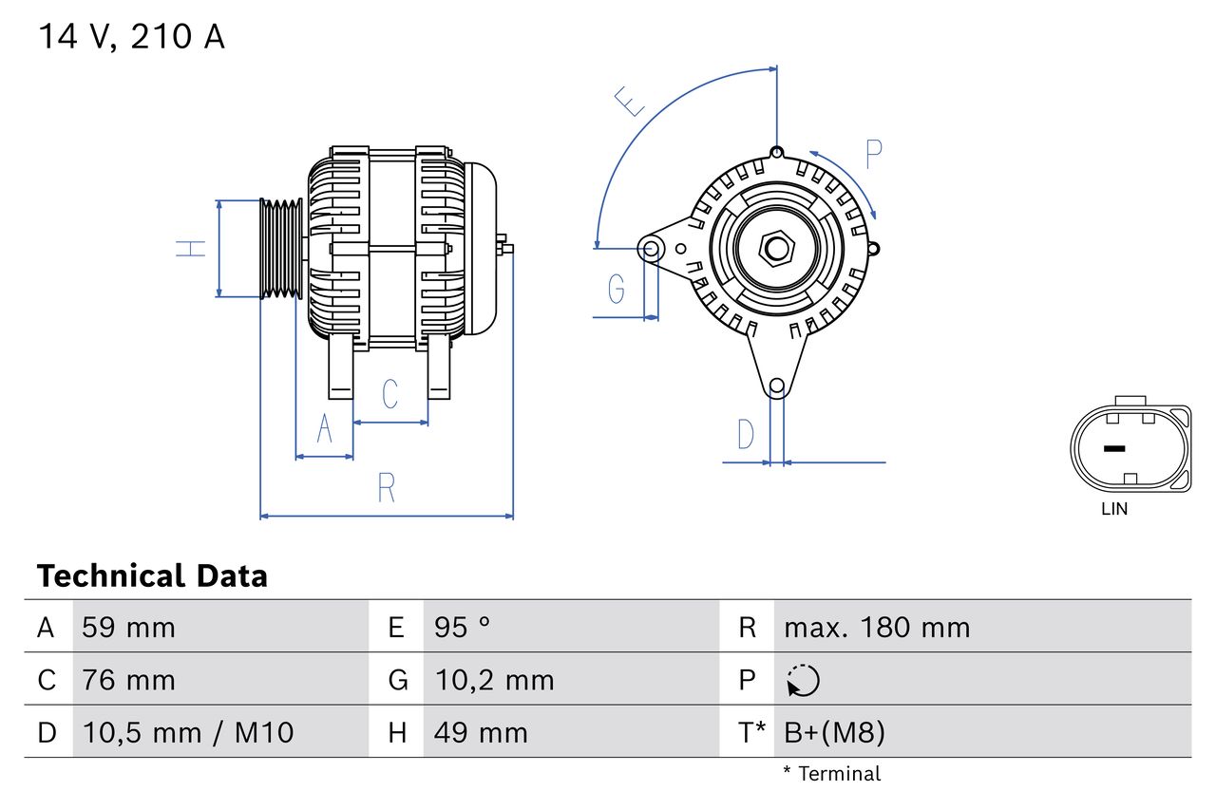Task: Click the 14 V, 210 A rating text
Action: pos(131,37)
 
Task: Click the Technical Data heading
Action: pos(152,575)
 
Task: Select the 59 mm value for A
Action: pos(128,627)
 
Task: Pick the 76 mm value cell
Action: pos(128,680)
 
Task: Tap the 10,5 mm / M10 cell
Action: pos(188,732)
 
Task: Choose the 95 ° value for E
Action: pos(462,627)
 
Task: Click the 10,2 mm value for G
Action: pos(494,680)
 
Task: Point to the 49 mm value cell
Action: pos(481,732)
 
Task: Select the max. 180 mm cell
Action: pos(877,627)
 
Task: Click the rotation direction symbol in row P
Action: pos(803,680)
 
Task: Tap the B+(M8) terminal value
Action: pos(834,732)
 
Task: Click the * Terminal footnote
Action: pos(832,774)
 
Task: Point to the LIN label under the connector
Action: pos(1114,509)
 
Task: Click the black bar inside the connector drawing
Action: pos(1113,448)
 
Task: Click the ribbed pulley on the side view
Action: pos(281,249)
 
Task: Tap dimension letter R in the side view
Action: pos(386,488)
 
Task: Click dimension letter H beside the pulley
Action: pos(191,249)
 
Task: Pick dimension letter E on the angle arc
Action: pos(630,101)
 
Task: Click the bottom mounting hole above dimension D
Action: pos(776,386)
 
